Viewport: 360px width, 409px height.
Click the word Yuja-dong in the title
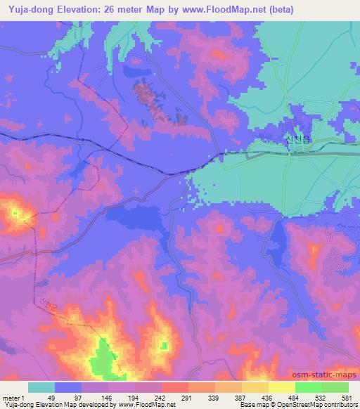click(x=27, y=10)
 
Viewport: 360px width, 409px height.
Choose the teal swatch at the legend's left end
click(x=41, y=387)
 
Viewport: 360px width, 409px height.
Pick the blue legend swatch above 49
click(x=68, y=387)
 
